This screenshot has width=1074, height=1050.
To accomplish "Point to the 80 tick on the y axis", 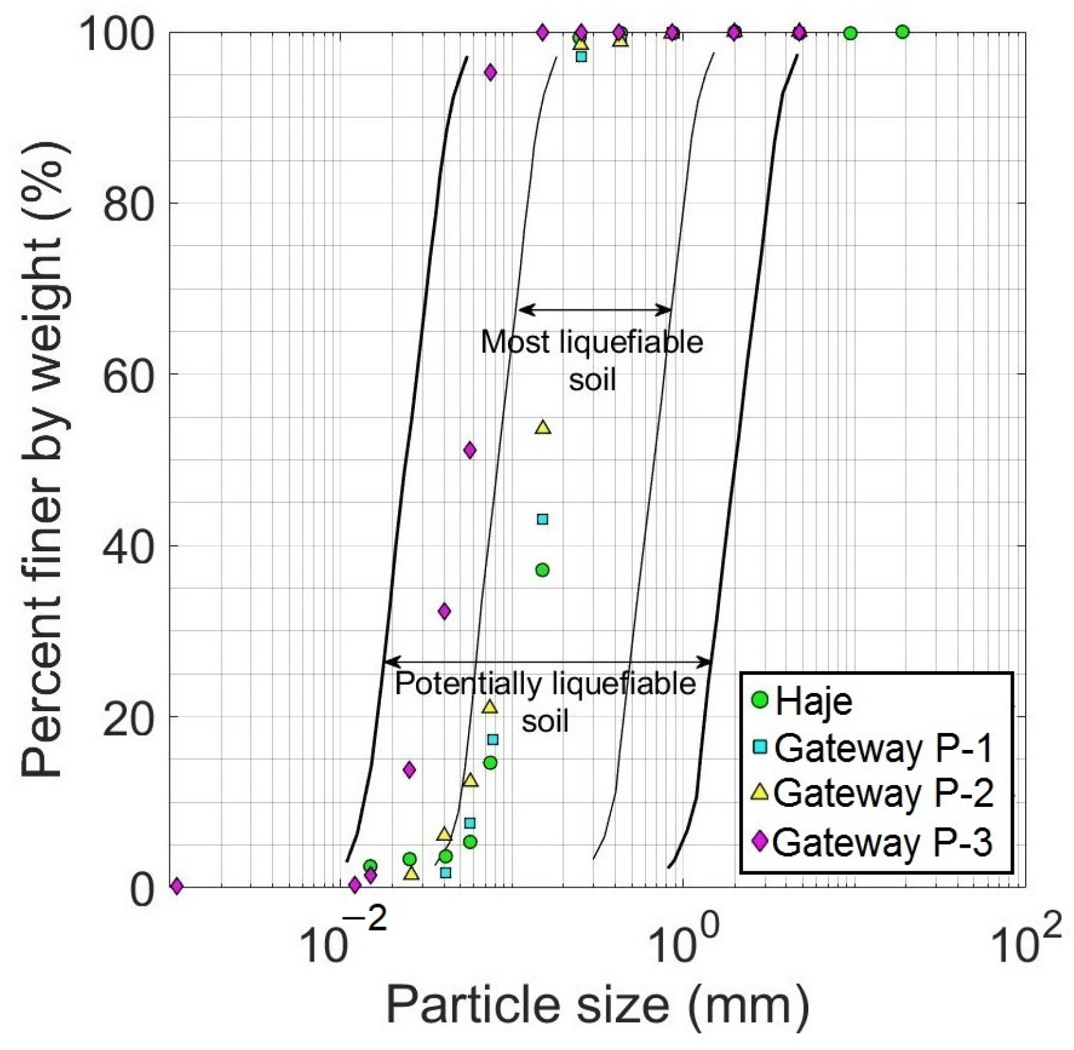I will click(128, 203).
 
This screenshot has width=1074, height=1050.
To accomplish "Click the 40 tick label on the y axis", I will click(128, 546).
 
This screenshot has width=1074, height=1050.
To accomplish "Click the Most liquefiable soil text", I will click(592, 360).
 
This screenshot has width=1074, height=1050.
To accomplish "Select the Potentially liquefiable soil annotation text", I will click(545, 702).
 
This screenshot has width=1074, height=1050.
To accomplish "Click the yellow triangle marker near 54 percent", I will click(543, 428).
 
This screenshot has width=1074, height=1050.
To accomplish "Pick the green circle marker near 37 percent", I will click(543, 570).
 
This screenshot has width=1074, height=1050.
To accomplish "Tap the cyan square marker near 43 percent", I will click(543, 519).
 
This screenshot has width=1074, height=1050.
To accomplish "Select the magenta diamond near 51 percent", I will click(469, 450).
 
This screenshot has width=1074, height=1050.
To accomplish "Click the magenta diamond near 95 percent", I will click(491, 73).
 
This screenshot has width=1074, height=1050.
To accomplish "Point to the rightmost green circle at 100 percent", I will click(902, 32).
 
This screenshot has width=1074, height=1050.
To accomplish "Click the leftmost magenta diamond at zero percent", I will click(177, 886).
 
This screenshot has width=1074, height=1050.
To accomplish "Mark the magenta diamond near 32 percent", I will click(444, 611).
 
